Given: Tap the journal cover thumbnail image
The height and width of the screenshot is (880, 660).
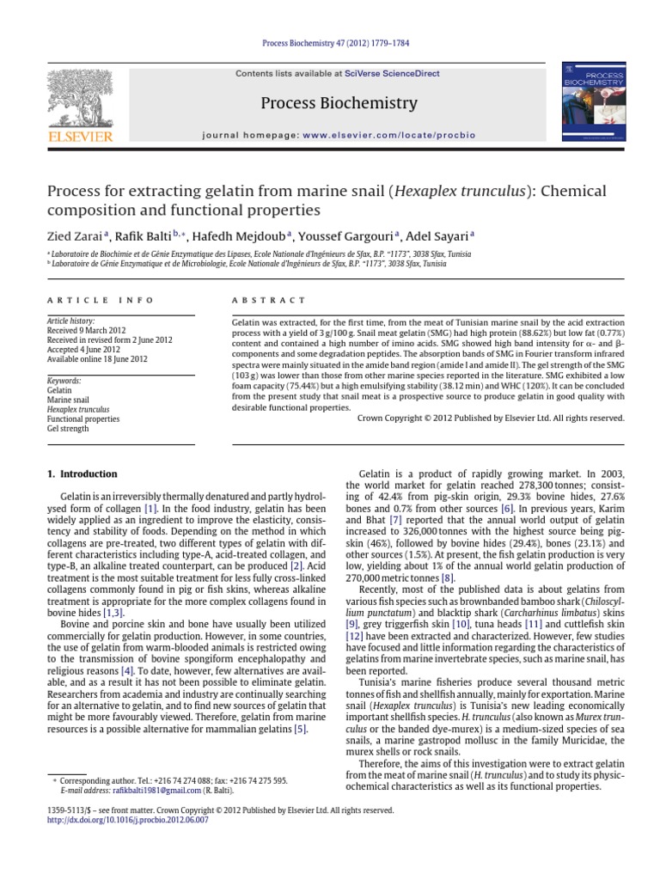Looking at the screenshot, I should [x=582, y=101].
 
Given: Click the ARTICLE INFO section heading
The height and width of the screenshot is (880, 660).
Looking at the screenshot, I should [x=100, y=300].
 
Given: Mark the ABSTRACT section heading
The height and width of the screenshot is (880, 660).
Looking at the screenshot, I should [x=269, y=300].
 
